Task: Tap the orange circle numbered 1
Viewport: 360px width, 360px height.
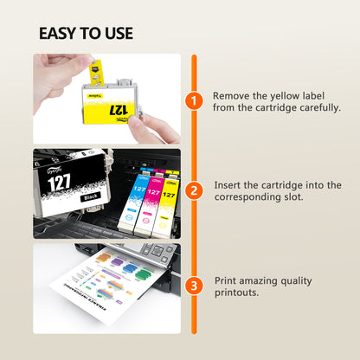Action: tap(195, 102)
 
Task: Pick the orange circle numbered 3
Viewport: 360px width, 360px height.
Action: tap(195, 283)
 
